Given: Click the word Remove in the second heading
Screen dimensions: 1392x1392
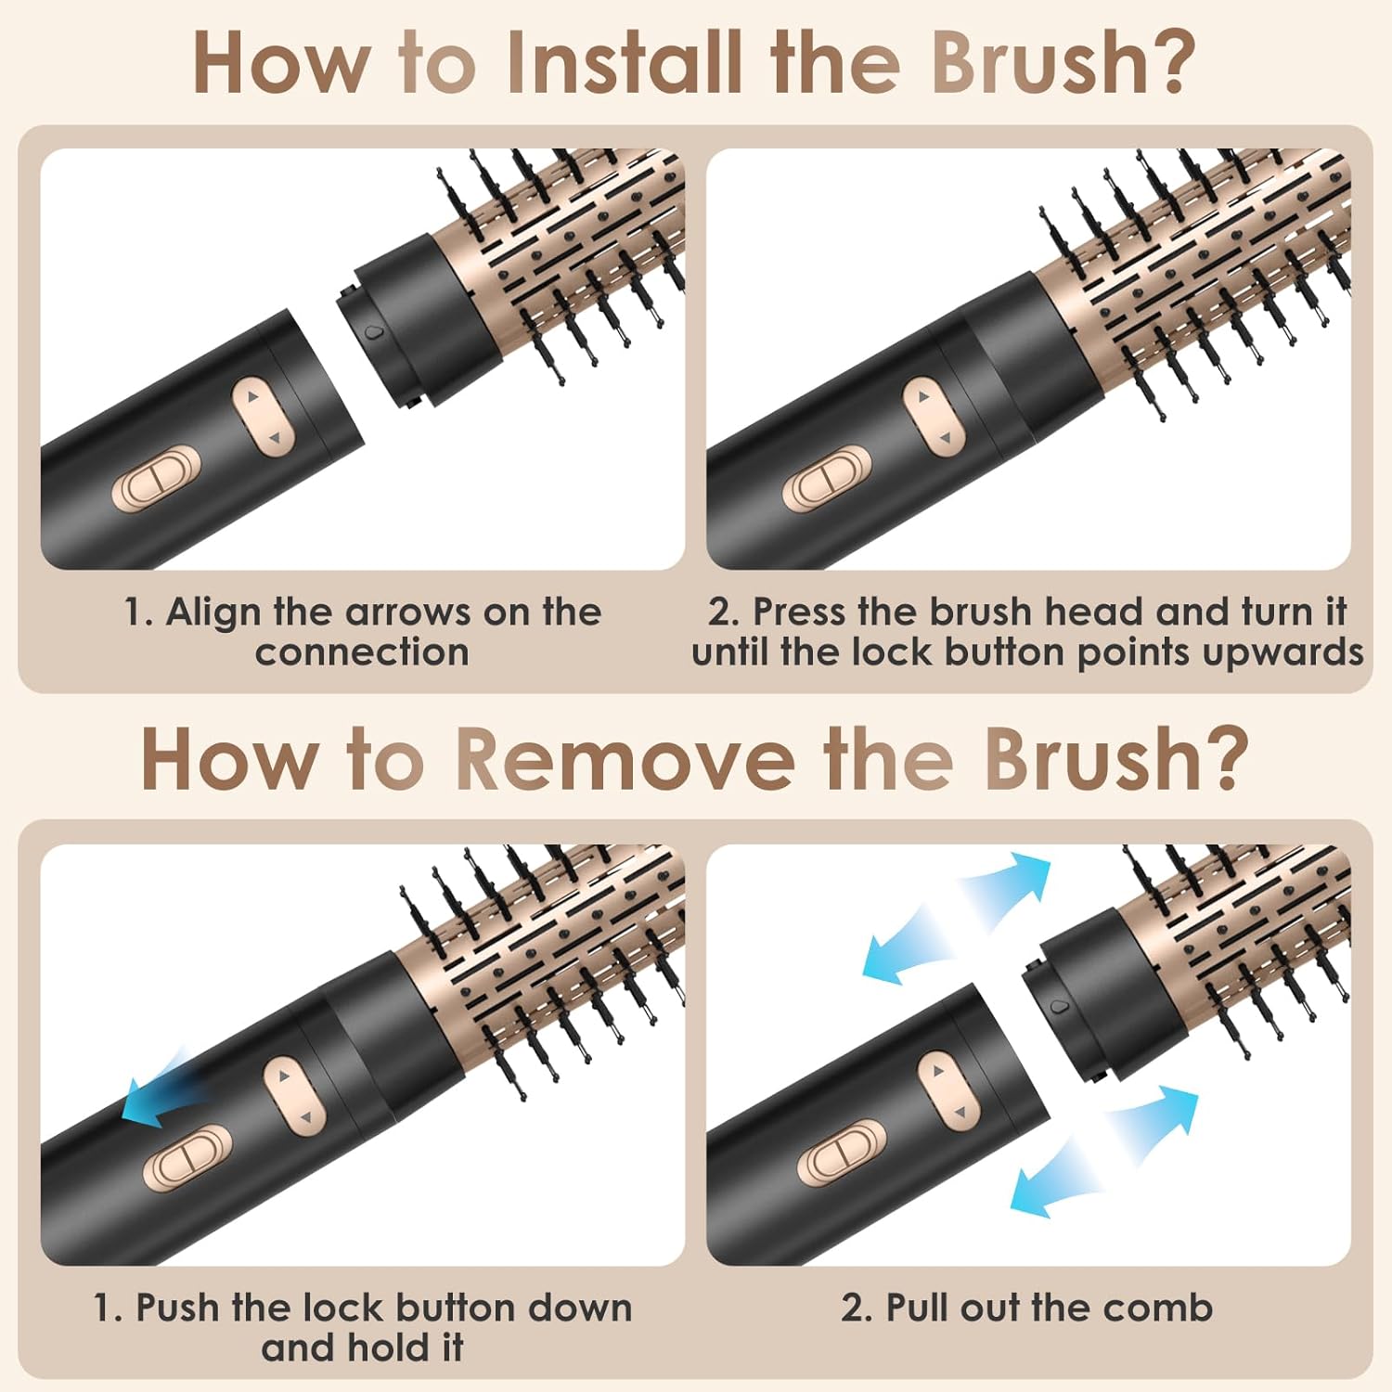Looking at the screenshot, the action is pos(625,759).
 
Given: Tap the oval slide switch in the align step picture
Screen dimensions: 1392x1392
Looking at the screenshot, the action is pos(156,480).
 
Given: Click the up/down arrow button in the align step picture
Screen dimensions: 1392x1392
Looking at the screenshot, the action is pos(262,416).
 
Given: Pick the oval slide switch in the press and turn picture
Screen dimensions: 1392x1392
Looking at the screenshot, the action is pos(826,480).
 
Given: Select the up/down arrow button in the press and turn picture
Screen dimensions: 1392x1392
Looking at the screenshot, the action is pos(934,416).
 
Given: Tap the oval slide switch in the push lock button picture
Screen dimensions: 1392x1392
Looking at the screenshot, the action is pos(187,1157).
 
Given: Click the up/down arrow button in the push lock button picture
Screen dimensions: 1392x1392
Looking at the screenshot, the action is pos(295,1095).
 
